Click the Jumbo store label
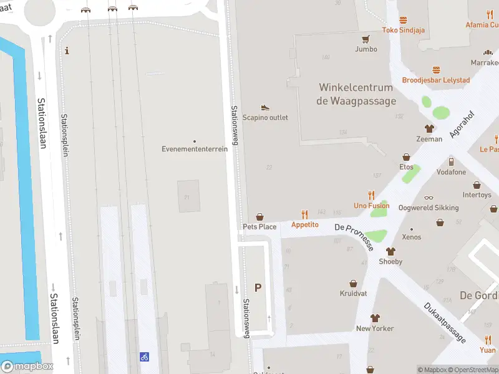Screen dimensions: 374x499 point(366,49)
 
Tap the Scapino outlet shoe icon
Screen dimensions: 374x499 point(265,108)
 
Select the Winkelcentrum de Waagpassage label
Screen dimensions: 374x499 point(356,94)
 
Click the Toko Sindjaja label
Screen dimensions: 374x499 point(403,29)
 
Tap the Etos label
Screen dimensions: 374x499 point(406,167)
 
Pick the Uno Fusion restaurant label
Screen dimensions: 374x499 point(372,206)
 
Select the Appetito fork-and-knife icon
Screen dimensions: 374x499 point(305,214)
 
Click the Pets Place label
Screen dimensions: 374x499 point(259,227)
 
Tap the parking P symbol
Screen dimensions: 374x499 point(258,287)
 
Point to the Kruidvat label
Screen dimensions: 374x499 point(353,293)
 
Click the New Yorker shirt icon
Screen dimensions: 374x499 point(375,318)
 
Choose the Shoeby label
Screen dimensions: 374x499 point(390,262)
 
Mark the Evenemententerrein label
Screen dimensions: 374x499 point(195,149)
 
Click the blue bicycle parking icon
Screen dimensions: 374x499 point(145,357)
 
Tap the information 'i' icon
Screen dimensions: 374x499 point(67,51)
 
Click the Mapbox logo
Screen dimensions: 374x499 point(27,367)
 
